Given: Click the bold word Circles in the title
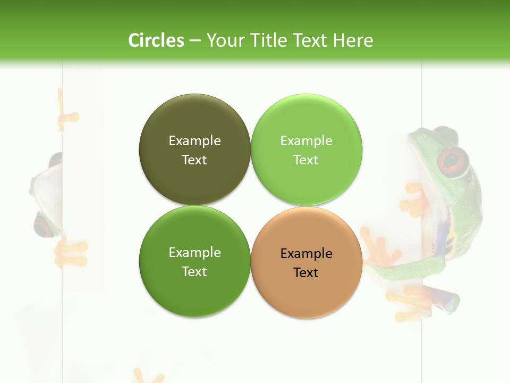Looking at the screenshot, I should [x=156, y=40].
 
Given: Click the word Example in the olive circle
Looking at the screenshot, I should [x=194, y=140].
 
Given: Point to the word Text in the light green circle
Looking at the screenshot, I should [x=306, y=160].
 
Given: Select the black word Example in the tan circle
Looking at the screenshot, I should [x=306, y=253].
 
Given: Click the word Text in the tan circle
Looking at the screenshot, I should [x=306, y=272].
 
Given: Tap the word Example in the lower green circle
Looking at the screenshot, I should [x=194, y=252].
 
